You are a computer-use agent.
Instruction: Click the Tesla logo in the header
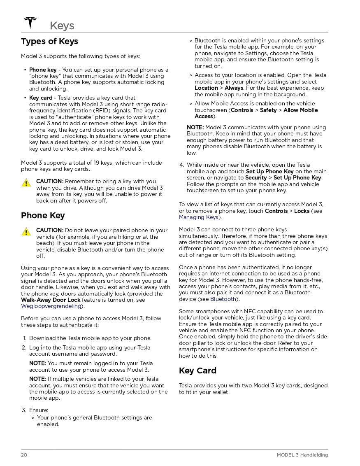click(30, 23)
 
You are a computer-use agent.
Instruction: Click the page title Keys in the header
click(62, 26)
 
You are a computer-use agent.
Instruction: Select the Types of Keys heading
click(49, 41)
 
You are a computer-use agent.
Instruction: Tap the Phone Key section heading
click(43, 215)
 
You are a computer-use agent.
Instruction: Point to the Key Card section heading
click(197, 370)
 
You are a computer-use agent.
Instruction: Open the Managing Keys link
click(198, 217)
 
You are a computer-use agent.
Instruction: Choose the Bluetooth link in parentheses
click(223, 299)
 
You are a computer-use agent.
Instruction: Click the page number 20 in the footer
click(24, 455)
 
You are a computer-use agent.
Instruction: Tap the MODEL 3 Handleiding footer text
click(302, 455)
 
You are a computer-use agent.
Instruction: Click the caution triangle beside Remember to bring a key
click(26, 183)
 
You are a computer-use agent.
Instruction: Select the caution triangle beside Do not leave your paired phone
click(26, 232)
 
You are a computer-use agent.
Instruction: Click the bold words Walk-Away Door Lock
click(51, 300)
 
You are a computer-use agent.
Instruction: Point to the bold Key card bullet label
click(41, 98)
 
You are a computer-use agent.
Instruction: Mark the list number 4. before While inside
click(181, 165)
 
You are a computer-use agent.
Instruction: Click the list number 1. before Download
click(24, 338)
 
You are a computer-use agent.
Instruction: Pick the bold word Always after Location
click(234, 88)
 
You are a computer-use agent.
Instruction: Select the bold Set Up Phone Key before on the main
click(269, 172)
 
